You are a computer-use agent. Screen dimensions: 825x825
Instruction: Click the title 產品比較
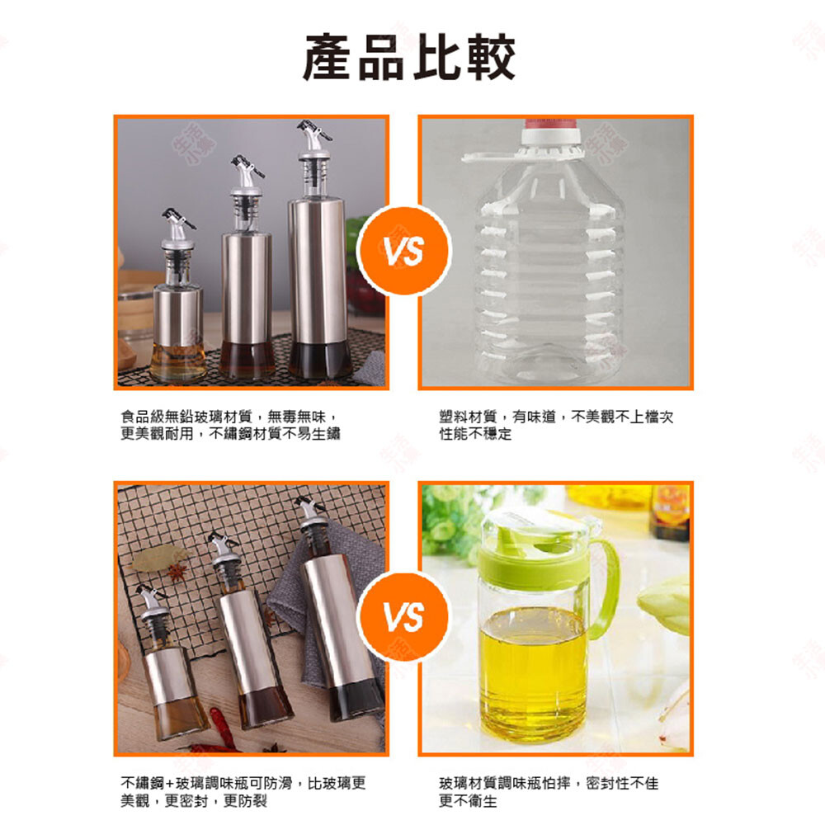click(x=409, y=57)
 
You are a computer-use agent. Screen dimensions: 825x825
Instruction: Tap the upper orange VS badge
click(x=404, y=250)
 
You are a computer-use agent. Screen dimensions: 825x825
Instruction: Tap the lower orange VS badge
click(x=404, y=616)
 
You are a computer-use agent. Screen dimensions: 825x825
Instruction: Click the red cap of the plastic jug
click(x=551, y=125)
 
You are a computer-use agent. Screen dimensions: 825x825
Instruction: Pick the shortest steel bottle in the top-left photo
click(x=178, y=297)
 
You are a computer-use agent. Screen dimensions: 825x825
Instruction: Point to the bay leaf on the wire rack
click(x=158, y=559)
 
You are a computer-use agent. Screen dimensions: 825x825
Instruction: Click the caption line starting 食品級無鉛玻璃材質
click(x=229, y=417)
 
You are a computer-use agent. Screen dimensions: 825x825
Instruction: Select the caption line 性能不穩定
click(x=475, y=434)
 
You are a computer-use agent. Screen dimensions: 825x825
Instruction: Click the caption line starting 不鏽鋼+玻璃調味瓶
click(x=243, y=784)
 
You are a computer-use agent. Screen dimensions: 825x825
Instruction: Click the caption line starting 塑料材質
click(x=556, y=417)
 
